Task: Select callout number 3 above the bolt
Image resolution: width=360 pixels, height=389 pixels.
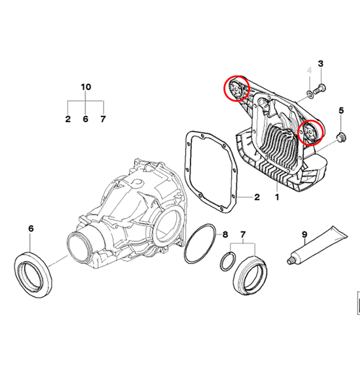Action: (321, 65)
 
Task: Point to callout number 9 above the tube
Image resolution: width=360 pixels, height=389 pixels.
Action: (305, 235)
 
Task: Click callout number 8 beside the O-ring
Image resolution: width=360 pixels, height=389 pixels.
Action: (225, 235)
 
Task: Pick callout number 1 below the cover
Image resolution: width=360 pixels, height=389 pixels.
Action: (277, 198)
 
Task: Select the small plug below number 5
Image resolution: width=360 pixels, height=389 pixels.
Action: (340, 136)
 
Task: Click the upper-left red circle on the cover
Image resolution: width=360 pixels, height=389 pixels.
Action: (236, 89)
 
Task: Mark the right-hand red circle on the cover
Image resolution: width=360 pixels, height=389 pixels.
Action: (309, 132)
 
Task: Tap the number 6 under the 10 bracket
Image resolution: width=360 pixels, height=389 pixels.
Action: (86, 119)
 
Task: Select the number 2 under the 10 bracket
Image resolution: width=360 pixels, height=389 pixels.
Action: (68, 119)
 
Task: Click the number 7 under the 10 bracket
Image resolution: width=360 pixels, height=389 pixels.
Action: (103, 119)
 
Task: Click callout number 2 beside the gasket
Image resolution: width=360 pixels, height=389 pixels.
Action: (256, 198)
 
